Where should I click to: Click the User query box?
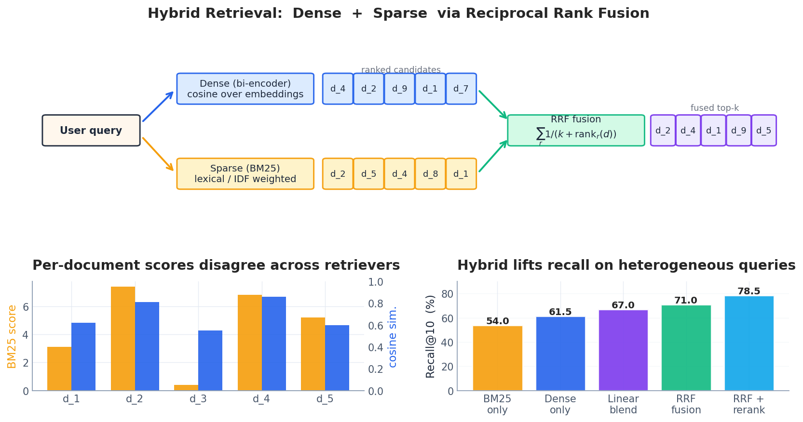pos(91,130)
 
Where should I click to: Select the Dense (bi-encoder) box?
pos(245,89)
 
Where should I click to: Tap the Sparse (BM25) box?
pos(245,173)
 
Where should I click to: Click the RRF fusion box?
pos(576,130)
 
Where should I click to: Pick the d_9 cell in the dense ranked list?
pos(399,89)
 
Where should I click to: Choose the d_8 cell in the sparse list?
pos(430,173)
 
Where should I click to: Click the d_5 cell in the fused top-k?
pos(763,130)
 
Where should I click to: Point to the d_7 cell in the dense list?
pos(461,89)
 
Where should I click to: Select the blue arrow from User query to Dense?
pos(158,106)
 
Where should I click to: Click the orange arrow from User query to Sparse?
pos(158,154)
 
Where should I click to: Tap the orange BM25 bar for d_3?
pos(186,388)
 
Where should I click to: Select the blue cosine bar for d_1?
pos(83,356)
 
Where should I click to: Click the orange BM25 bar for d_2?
pos(123,339)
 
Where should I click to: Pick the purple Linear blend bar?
pos(624,350)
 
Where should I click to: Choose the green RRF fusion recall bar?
pos(686,348)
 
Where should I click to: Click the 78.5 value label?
pos(749,291)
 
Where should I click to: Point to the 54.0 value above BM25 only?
pos(498,321)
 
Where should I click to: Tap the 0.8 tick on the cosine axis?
pos(376,304)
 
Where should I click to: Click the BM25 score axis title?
pos(12,337)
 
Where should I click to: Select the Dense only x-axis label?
pos(560,404)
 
